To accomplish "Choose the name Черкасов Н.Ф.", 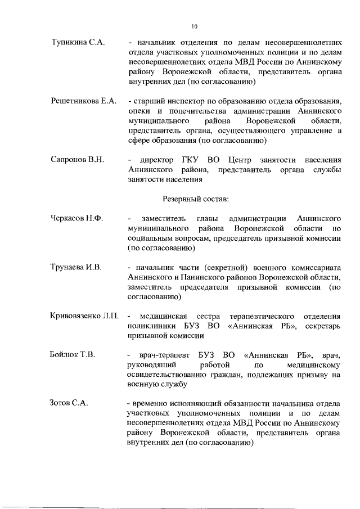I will click(x=76, y=218).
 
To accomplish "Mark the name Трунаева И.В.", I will click(x=76, y=267).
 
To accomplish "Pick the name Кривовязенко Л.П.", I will click(x=85, y=316).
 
